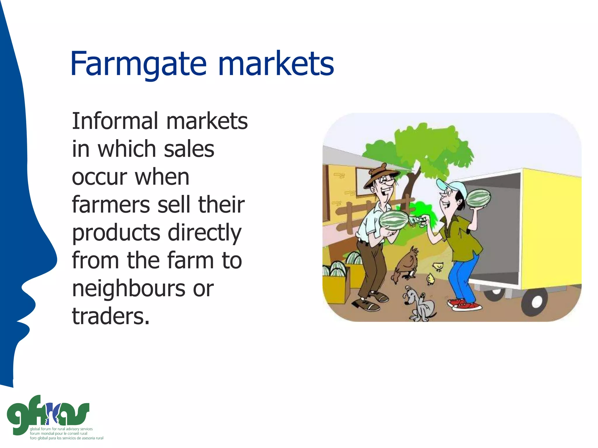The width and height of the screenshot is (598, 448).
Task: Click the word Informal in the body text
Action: (x=115, y=121)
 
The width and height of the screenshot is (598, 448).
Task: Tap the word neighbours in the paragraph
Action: (x=128, y=289)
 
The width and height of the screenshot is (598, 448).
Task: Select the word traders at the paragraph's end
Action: (x=110, y=316)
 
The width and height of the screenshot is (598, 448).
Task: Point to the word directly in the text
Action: (x=204, y=233)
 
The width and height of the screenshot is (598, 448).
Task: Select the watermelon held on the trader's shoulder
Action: (x=478, y=198)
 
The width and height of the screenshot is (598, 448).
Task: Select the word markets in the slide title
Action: (x=276, y=64)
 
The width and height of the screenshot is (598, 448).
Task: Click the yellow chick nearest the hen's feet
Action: (x=431, y=279)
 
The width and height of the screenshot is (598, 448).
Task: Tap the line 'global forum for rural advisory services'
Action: (x=61, y=429)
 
